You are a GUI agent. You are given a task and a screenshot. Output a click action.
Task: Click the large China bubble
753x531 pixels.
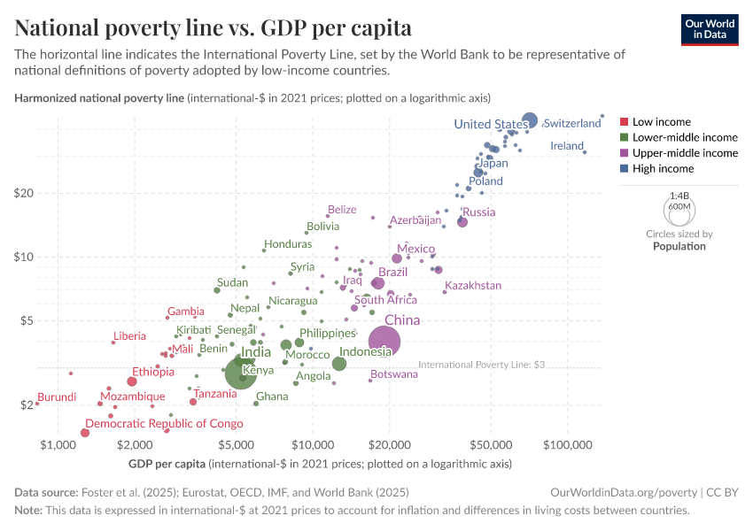pyautogui.click(x=384, y=342)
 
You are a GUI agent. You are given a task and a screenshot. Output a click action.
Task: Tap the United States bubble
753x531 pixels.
pyautogui.click(x=530, y=120)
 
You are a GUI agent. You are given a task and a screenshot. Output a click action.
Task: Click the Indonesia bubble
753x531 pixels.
pyautogui.click(x=339, y=364)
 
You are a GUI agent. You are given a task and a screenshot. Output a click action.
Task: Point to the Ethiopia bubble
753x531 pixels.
pyautogui.click(x=132, y=381)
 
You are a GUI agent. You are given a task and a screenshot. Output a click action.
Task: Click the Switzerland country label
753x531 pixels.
pyautogui.click(x=572, y=124)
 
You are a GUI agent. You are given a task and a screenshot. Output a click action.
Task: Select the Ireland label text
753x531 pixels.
pyautogui.click(x=567, y=146)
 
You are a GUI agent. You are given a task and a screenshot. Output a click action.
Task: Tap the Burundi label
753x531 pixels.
pyautogui.click(x=57, y=397)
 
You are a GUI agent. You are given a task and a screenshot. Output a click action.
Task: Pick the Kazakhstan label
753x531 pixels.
pyautogui.click(x=473, y=286)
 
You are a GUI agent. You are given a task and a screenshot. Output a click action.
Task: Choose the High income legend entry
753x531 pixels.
pyautogui.click(x=663, y=168)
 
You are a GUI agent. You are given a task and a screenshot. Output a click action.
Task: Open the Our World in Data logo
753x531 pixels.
pyautogui.click(x=710, y=29)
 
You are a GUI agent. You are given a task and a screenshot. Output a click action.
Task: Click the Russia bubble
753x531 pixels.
pyautogui.click(x=462, y=222)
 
